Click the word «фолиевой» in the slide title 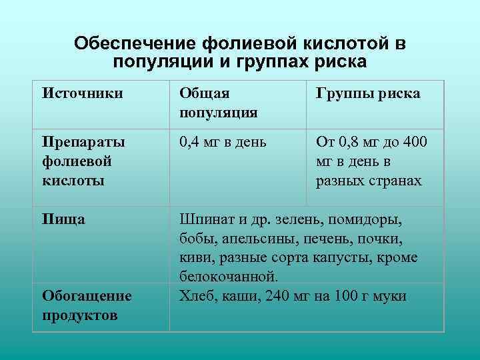235,44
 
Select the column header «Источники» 82,94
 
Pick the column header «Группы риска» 368,94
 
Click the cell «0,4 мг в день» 223,143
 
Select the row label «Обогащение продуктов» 87,305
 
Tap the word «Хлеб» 197,295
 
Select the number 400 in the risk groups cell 415,143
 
